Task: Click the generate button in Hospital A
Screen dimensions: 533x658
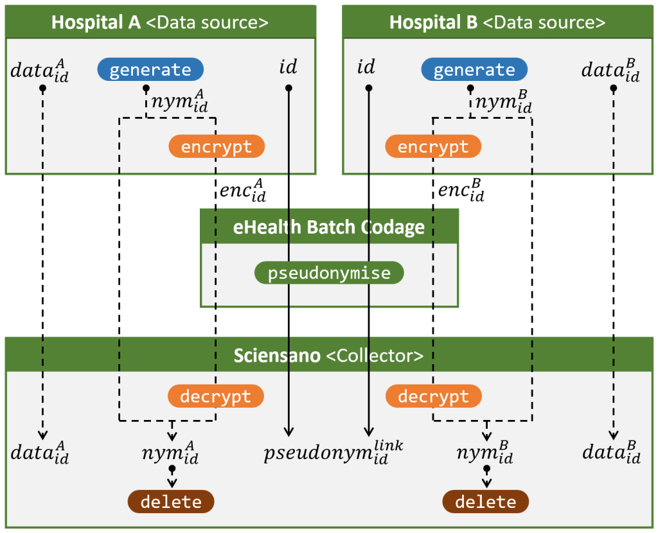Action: (150, 69)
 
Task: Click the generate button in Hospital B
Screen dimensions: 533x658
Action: (474, 69)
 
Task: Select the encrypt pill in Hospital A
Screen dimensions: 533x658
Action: (217, 146)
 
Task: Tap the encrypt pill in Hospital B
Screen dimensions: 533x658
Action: (433, 146)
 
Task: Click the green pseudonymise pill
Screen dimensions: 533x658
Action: (329, 273)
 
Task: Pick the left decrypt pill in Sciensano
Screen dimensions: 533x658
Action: (215, 396)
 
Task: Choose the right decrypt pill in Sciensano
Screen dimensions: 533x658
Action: (433, 396)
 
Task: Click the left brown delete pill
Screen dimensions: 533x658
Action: (171, 502)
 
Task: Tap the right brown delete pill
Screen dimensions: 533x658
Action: (485, 502)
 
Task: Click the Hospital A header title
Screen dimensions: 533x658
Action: (160, 22)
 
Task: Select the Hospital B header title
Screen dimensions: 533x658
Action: (497, 22)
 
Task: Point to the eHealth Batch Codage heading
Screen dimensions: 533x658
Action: (329, 227)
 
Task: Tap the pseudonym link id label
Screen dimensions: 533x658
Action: (333, 452)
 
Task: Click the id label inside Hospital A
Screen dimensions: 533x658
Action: (288, 67)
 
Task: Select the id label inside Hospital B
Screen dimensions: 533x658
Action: (366, 67)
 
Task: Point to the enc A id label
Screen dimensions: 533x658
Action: (242, 191)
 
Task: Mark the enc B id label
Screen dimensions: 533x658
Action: (461, 191)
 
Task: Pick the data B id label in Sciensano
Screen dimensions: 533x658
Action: (612, 453)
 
